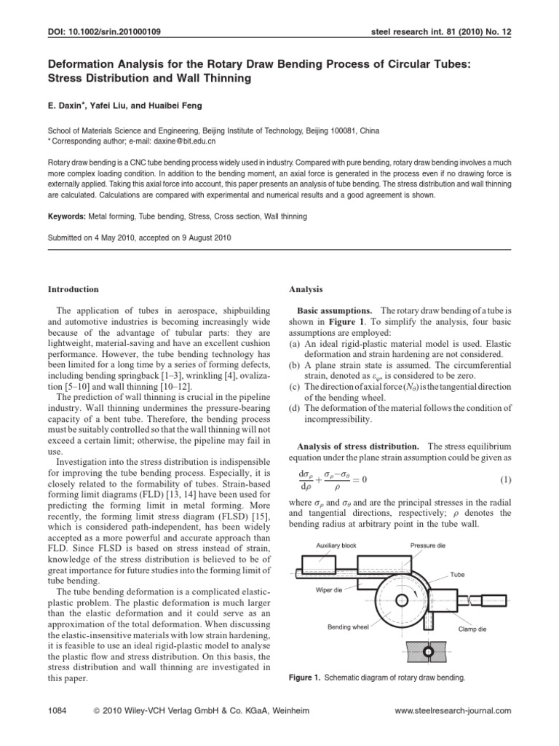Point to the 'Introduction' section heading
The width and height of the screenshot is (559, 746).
73,289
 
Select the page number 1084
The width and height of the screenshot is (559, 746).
56,710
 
